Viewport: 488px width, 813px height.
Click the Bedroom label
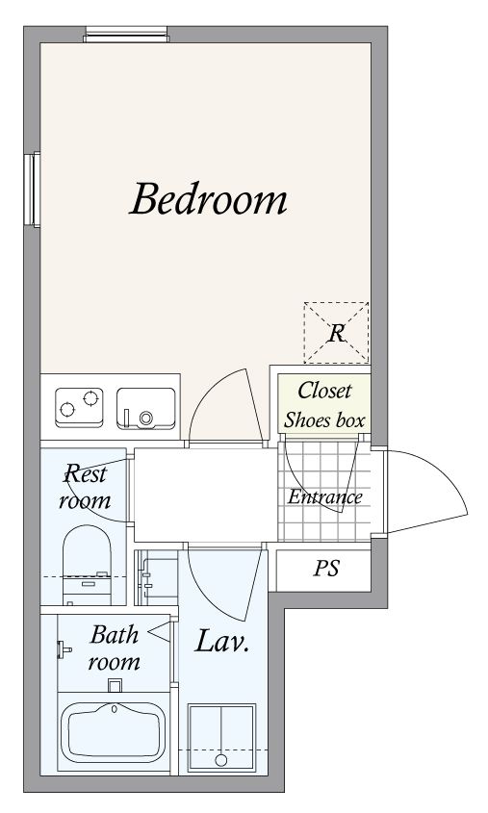pyautogui.click(x=208, y=198)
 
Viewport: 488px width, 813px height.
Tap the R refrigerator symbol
pyautogui.click(x=336, y=333)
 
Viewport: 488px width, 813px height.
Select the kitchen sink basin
pyautogui.click(x=145, y=409)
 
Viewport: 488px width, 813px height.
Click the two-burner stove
pyautogui.click(x=79, y=408)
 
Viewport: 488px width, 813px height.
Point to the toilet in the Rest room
pyautogui.click(x=87, y=565)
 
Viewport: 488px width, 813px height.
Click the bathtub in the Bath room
pyautogui.click(x=113, y=732)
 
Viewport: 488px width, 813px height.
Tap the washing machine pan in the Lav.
pyautogui.click(x=221, y=737)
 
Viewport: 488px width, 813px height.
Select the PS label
pyautogui.click(x=326, y=569)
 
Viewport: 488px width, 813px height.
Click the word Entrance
pyautogui.click(x=325, y=496)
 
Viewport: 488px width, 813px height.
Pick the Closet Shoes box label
pyautogui.click(x=324, y=405)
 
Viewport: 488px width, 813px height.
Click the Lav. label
pyautogui.click(x=222, y=641)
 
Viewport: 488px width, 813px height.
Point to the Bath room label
pyautogui.click(x=115, y=648)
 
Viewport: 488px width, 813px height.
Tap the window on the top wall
pyautogui.click(x=126, y=35)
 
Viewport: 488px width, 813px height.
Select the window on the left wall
pyautogui.click(x=32, y=190)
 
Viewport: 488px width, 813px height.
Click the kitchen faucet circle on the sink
pyautogui.click(x=145, y=418)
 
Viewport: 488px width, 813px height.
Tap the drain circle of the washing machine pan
pyautogui.click(x=221, y=761)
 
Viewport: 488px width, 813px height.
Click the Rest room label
pyautogui.click(x=85, y=486)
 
